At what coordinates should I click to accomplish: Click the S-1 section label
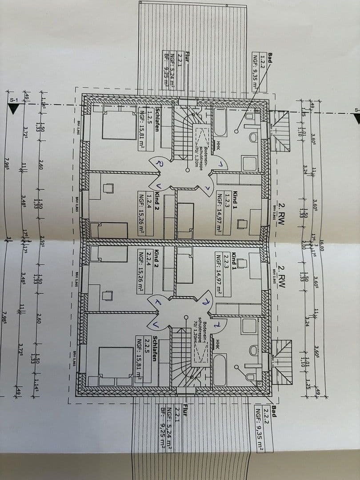(14, 100)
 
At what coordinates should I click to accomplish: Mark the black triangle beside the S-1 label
(14, 109)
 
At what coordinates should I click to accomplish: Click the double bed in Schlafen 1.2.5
(118, 125)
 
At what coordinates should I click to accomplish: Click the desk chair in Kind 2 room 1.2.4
(108, 188)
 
